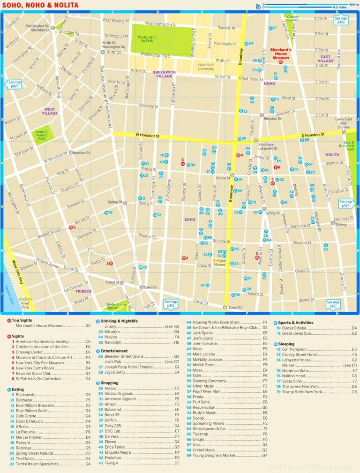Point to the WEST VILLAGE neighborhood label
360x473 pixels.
(50, 111)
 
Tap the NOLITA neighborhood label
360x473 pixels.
(332, 155)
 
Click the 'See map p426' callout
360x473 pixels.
(13, 84)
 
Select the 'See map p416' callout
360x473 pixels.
(171, 304)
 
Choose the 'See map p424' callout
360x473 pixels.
(345, 203)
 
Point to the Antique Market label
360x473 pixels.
(219, 263)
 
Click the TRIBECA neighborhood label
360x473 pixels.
(84, 291)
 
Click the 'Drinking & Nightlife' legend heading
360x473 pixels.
(121, 321)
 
